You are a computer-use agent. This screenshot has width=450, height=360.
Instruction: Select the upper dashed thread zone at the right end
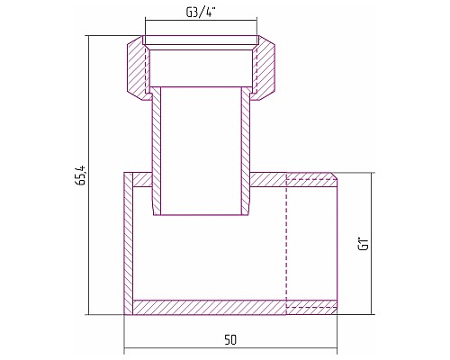tap(310, 179)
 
